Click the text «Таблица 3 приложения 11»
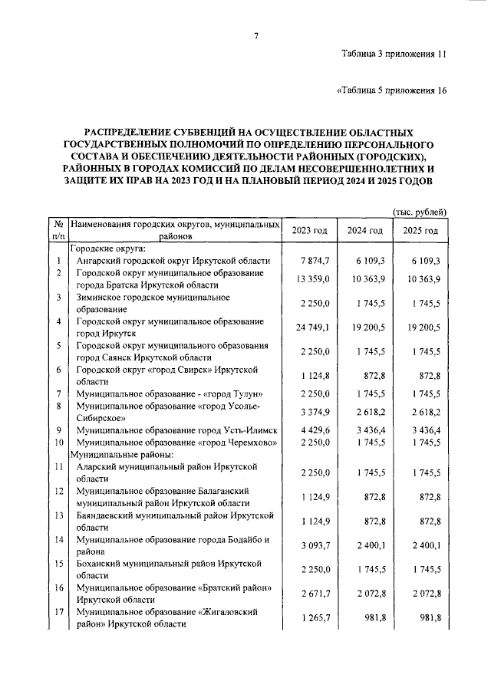click(x=394, y=54)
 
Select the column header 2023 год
click(x=310, y=231)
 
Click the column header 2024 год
click(x=364, y=231)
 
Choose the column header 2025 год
click(x=420, y=231)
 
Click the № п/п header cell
click(x=58, y=230)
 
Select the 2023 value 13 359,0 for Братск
click(x=312, y=279)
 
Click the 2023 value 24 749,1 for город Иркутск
click(x=312, y=327)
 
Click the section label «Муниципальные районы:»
click(x=115, y=454)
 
